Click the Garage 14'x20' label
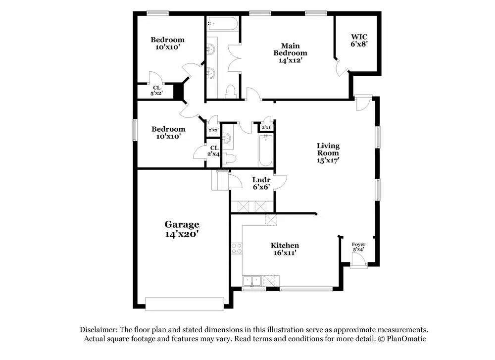coord(182,229)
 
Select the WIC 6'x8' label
coord(359,40)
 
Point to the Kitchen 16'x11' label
coord(285,249)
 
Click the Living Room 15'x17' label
coord(328,153)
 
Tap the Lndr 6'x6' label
coord(260,184)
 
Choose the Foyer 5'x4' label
coord(358,247)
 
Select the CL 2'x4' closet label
coord(214,151)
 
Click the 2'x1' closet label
coord(266,128)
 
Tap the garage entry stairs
coord(219,180)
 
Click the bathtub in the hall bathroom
coord(265,151)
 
